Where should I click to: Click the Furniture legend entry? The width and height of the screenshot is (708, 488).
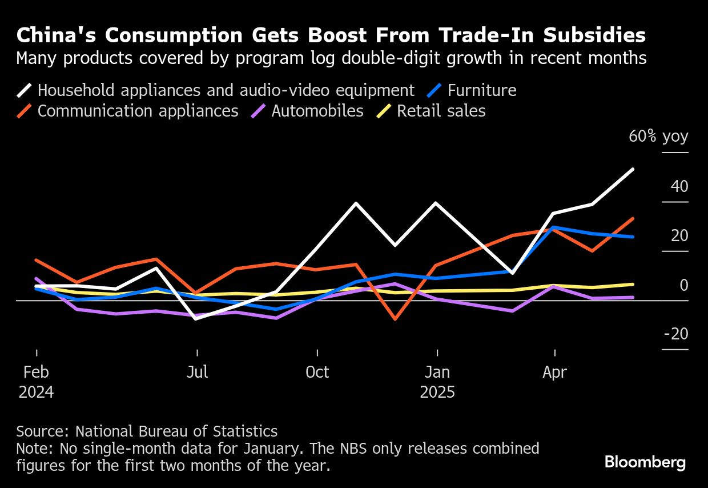pos(481,90)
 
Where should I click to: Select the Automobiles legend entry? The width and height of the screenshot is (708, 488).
pos(317,111)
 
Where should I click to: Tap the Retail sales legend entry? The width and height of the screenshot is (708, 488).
pos(441,111)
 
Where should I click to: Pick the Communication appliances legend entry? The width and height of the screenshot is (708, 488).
pos(138,111)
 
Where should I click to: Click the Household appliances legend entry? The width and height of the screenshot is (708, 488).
pos(226,90)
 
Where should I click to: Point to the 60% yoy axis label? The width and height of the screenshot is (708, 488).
pos(658,137)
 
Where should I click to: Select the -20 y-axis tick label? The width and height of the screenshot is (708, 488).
pos(675,334)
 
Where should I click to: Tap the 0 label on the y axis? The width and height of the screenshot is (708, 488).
pos(683,285)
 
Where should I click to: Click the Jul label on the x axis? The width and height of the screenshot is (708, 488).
pos(197,373)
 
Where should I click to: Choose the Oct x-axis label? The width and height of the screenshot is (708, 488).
pos(317,373)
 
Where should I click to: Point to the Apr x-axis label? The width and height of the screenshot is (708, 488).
pos(554,373)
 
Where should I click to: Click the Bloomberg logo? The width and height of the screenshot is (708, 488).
pos(645,462)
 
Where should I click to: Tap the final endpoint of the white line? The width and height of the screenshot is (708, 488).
pos(633,169)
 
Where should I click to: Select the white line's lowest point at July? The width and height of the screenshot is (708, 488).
pos(197,318)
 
